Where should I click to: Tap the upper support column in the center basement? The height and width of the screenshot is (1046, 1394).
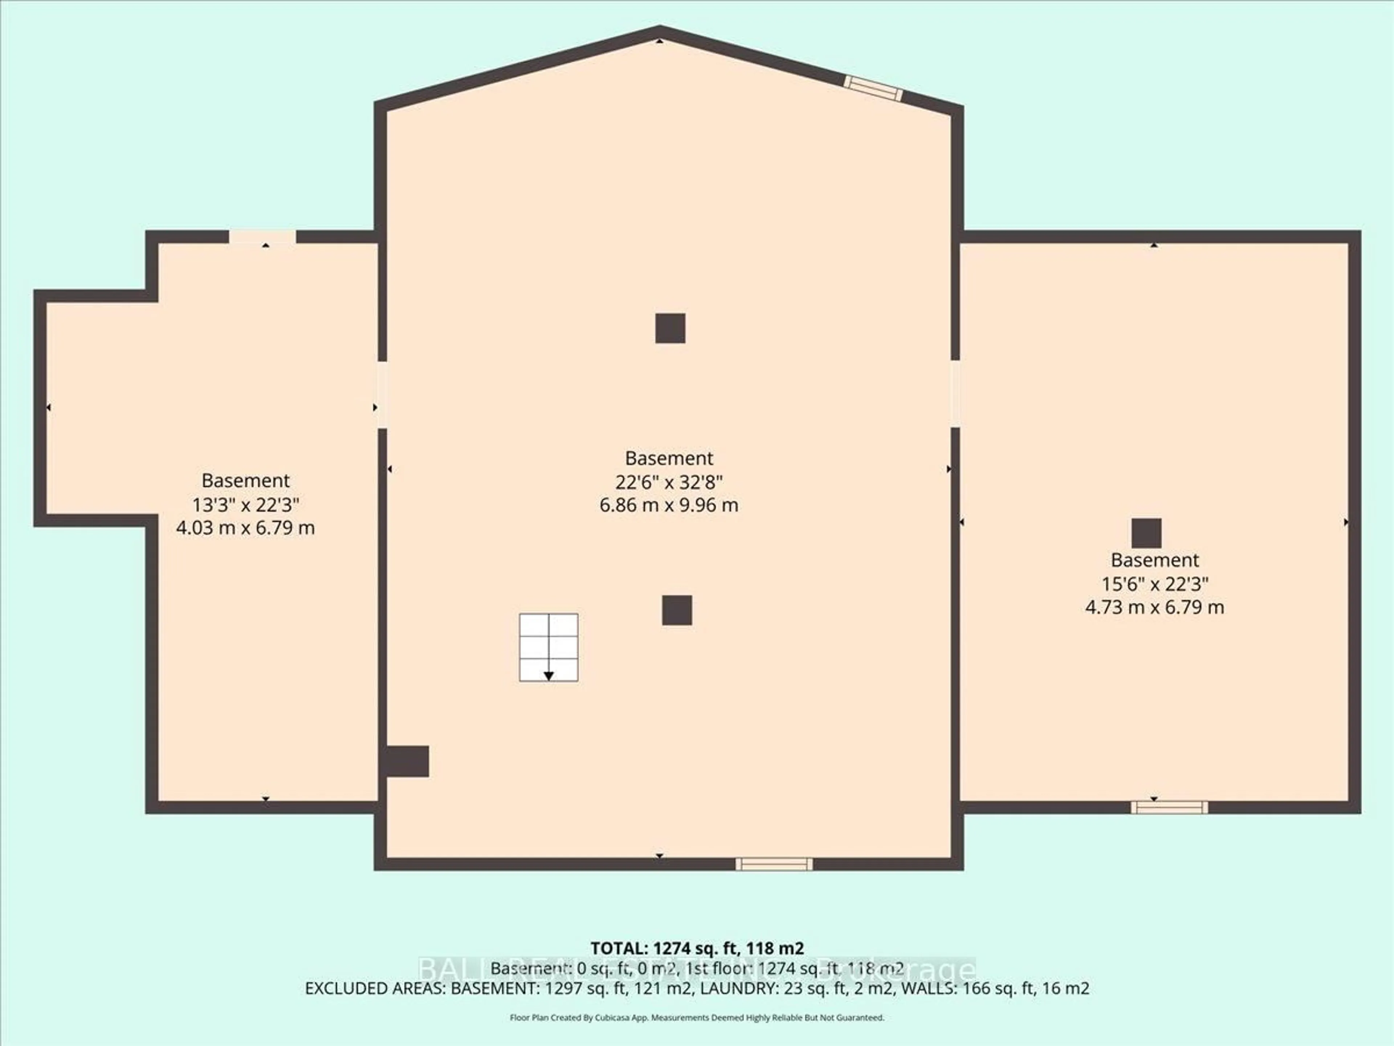click(x=670, y=328)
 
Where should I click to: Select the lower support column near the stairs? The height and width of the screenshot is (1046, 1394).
click(x=677, y=610)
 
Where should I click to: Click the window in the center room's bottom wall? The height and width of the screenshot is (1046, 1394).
click(x=774, y=864)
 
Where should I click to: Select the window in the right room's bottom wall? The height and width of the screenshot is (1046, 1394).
click(x=1169, y=807)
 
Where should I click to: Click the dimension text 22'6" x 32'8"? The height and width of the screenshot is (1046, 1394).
click(x=669, y=482)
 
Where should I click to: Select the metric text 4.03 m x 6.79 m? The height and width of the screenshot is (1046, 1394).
click(x=245, y=528)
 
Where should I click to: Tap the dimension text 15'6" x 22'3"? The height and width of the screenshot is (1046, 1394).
click(x=1154, y=584)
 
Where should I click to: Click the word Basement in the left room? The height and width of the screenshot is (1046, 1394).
click(x=245, y=481)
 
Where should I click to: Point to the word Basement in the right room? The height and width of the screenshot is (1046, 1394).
click(x=1154, y=560)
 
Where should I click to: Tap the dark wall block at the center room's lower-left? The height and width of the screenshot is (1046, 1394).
click(x=407, y=761)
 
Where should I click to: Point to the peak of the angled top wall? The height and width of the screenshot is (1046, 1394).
click(x=660, y=32)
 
